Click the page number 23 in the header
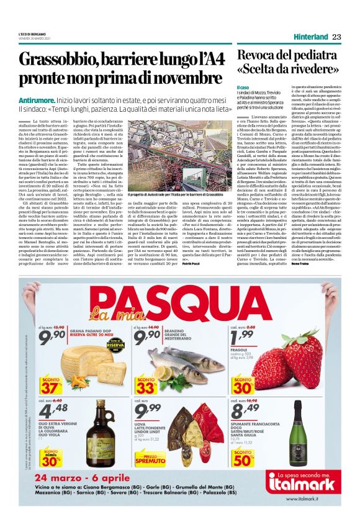(336, 37)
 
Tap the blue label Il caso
(243, 88)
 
